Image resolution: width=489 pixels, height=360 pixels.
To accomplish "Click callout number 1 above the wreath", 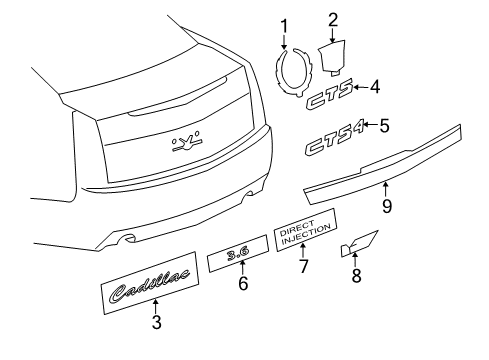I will (283, 25).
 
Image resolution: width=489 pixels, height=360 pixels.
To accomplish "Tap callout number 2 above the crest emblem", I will (332, 17).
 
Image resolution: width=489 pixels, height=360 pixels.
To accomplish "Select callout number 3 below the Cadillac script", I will (156, 322).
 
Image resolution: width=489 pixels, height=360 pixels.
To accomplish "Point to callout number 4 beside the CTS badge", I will (374, 88).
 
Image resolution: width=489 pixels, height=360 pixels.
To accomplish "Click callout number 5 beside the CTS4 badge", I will (384, 125).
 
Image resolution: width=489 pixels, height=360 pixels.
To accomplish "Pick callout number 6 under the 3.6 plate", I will (241, 283).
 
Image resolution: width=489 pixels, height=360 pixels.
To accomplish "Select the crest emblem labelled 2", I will (333, 56).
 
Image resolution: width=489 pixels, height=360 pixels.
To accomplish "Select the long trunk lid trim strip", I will (385, 165).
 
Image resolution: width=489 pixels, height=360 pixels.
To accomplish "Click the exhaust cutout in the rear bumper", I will (127, 239).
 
